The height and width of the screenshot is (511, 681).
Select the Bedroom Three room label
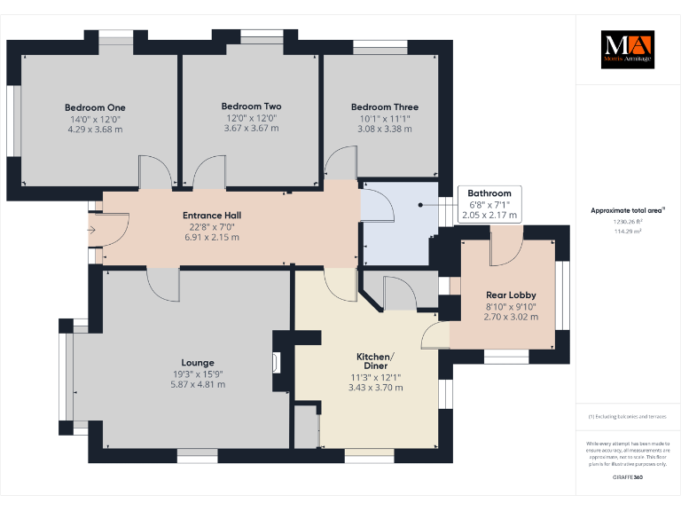pyautogui.click(x=384, y=106)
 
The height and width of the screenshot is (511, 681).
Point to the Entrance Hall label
pyautogui.click(x=211, y=215)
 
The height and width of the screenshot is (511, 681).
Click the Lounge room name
pyautogui.click(x=198, y=362)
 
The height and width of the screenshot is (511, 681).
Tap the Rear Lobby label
pyautogui.click(x=510, y=295)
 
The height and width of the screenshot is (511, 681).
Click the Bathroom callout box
pyautogui.click(x=489, y=203)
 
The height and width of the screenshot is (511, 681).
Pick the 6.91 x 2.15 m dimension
pyautogui.click(x=211, y=238)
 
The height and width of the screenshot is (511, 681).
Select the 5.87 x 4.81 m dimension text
pyautogui.click(x=198, y=384)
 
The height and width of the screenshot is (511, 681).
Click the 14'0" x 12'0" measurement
pyautogui.click(x=95, y=118)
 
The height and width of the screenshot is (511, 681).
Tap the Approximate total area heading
pyautogui.click(x=627, y=210)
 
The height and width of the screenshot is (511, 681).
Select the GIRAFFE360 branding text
pyautogui.click(x=627, y=478)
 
